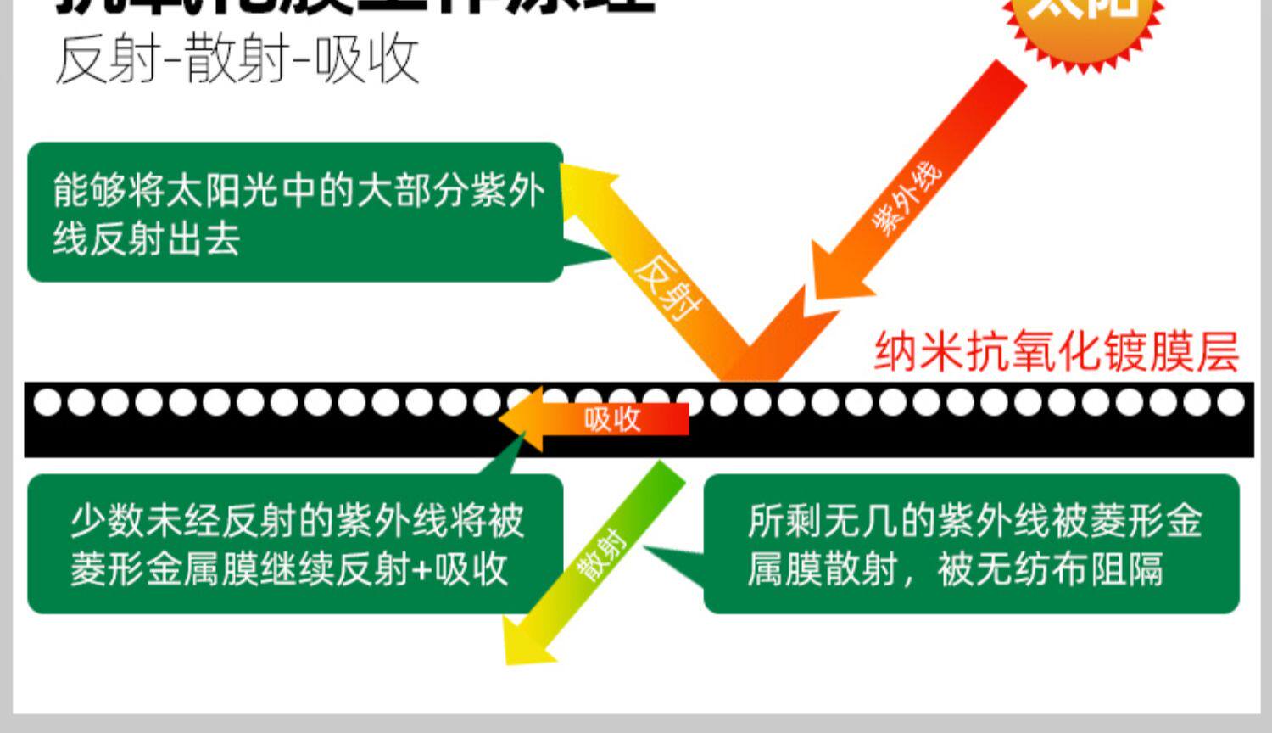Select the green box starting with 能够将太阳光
[295, 212]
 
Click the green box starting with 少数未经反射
[295, 544]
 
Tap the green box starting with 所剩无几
[971, 544]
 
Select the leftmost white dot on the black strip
[47, 402]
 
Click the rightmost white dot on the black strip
[1230, 402]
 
